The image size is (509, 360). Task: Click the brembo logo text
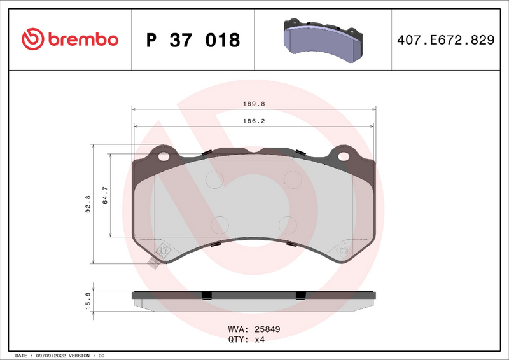81,39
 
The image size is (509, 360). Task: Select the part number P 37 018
193,40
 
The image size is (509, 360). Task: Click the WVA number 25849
267,329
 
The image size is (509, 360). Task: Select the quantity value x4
259,340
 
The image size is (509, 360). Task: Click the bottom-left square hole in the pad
164,251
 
